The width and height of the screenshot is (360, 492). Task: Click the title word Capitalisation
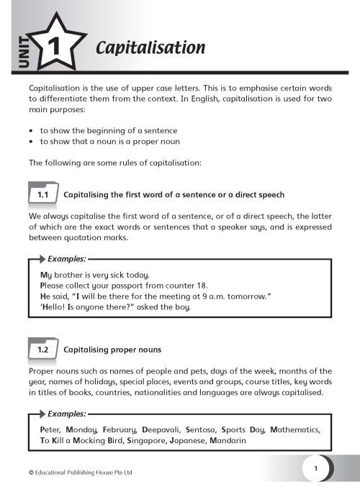pos(150,48)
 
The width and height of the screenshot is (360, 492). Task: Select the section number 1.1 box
pos(42,195)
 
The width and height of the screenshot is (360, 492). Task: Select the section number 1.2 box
pos(42,350)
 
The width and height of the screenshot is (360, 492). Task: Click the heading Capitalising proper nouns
pos(112,350)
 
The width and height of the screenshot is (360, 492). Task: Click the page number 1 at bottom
pos(315,468)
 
